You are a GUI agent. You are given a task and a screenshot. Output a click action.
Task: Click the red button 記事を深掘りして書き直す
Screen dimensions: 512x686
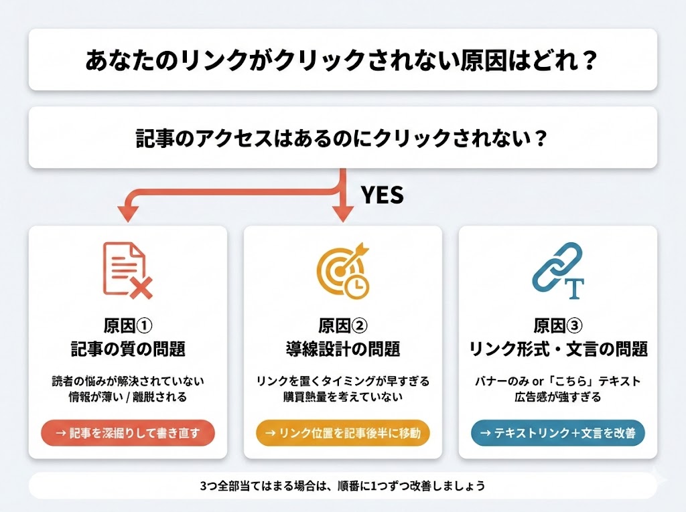pos(128,433)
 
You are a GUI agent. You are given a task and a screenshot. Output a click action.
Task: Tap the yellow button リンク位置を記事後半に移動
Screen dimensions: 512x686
pos(343,433)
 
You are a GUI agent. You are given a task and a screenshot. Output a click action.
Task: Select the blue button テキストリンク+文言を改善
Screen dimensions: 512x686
pos(558,433)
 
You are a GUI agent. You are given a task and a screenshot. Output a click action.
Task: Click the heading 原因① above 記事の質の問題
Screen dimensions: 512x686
pos(128,326)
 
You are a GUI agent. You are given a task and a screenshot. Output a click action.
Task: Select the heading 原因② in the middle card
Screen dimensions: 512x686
pos(343,326)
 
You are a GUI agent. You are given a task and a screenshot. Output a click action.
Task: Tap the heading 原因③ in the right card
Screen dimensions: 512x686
pos(558,326)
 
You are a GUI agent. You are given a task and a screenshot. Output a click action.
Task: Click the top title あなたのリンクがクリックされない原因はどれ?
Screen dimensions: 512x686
pos(342,60)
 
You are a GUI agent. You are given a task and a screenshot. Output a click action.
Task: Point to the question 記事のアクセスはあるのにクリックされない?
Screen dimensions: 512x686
pos(342,138)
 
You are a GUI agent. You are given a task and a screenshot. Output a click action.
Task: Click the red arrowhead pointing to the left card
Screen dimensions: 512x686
pos(127,213)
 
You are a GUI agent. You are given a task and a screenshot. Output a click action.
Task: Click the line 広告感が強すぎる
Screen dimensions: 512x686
pos(558,398)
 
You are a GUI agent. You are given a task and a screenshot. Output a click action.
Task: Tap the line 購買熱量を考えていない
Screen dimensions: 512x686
pos(343,398)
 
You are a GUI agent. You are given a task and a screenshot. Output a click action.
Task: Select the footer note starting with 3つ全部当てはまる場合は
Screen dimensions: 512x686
pos(342,485)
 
